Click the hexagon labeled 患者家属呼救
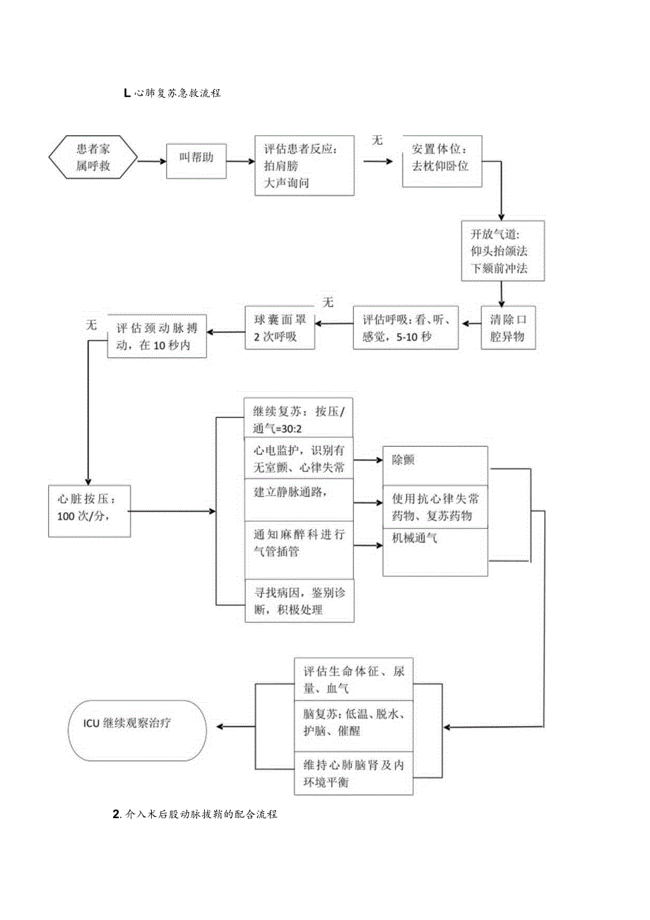point(93,157)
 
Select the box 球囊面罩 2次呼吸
point(280,328)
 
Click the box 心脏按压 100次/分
point(89,511)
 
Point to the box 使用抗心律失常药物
point(436,507)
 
